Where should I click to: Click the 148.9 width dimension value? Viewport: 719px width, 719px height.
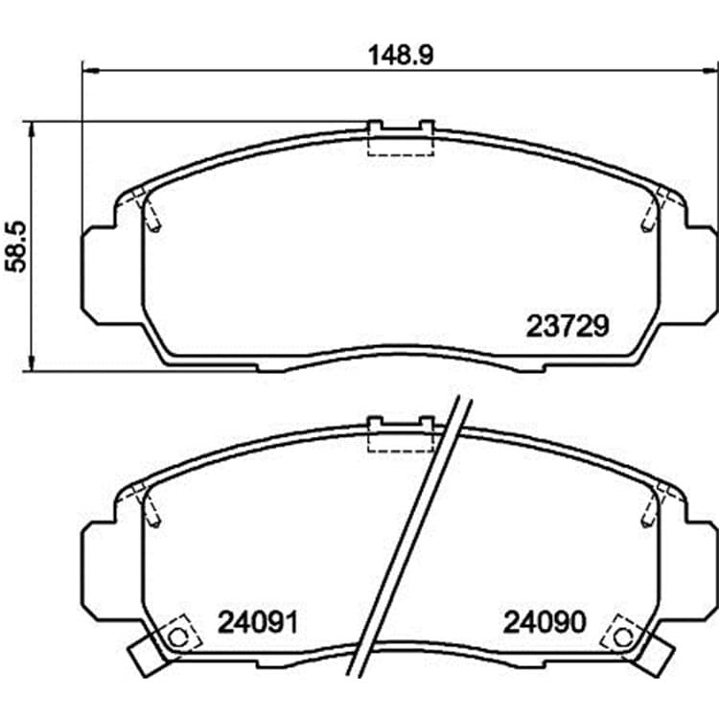[401, 56]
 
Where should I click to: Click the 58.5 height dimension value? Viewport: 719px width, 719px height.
[17, 246]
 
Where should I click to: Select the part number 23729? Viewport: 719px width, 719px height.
[568, 327]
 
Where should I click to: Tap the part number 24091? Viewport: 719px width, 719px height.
[258, 622]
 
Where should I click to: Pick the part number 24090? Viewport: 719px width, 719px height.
[545, 622]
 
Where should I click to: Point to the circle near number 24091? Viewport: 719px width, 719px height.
[177, 637]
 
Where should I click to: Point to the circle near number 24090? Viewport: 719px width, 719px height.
[622, 637]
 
